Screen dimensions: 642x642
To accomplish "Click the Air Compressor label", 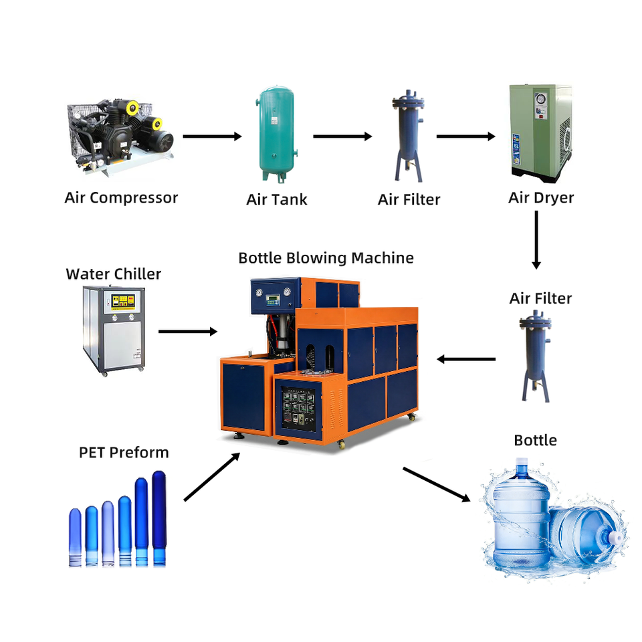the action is click(121, 198).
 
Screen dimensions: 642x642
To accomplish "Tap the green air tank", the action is click(277, 134).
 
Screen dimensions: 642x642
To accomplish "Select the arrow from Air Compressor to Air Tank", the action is click(212, 136).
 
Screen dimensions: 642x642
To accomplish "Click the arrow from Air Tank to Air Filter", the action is click(342, 136).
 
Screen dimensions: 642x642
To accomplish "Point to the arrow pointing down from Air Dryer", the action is click(536, 240).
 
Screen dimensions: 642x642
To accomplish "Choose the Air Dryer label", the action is click(541, 198).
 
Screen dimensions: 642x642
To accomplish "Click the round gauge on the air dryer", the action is click(541, 99).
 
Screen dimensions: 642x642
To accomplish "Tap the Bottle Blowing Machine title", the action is click(326, 258).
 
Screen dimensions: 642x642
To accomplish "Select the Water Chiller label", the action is click(114, 274).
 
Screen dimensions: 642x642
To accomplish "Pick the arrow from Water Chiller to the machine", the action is click(188, 331).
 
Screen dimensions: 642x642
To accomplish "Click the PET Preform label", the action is click(124, 453).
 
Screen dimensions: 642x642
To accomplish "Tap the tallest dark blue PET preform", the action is click(159, 518).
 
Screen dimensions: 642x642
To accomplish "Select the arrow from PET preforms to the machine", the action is click(212, 477).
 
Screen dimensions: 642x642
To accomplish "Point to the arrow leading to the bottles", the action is click(437, 484).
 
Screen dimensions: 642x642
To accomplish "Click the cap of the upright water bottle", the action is click(522, 462).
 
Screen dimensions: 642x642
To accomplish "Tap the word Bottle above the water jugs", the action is click(535, 441).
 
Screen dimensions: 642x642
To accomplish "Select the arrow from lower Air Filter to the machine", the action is click(466, 360).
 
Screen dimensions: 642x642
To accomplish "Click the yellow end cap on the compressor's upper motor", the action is click(132, 108).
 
